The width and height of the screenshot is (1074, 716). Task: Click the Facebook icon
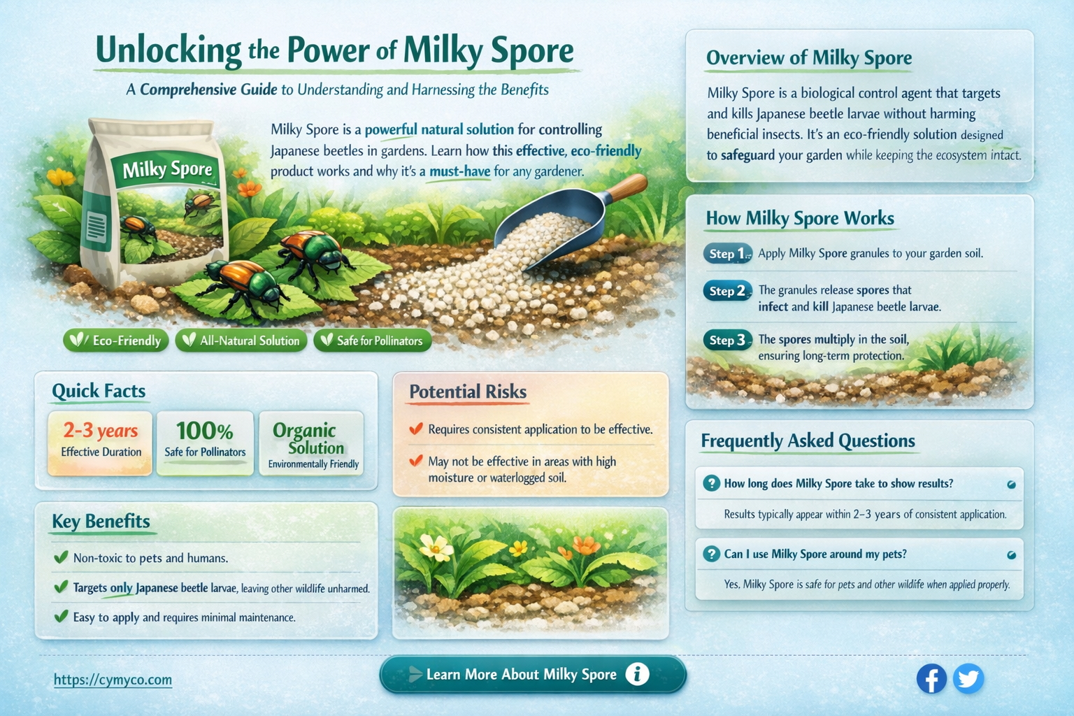click(x=931, y=678)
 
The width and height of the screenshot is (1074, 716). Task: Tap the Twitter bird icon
click(x=968, y=678)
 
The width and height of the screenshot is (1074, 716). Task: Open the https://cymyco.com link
click(x=113, y=680)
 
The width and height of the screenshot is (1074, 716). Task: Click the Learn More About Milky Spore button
click(x=532, y=675)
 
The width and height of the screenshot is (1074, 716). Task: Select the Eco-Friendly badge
click(x=116, y=341)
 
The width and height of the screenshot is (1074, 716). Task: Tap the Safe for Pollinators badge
click(x=372, y=341)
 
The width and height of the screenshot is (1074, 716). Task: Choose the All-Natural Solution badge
click(x=241, y=341)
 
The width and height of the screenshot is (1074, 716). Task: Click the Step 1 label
click(x=727, y=253)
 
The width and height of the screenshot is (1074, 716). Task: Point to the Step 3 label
click(x=727, y=341)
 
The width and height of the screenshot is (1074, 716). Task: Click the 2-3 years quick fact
click(x=100, y=431)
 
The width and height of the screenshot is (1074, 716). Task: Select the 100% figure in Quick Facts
click(x=204, y=431)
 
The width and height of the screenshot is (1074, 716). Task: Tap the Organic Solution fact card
click(x=311, y=443)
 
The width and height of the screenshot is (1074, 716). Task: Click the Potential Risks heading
click(x=467, y=392)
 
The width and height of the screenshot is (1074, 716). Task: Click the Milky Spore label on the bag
click(x=167, y=169)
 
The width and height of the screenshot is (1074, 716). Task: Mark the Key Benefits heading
click(x=101, y=522)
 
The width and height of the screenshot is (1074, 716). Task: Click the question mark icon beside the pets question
click(x=711, y=554)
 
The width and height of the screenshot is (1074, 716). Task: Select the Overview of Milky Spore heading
click(x=808, y=58)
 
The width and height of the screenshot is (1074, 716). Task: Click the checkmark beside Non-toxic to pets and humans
click(x=61, y=557)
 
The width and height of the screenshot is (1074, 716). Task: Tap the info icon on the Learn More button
click(x=636, y=674)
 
